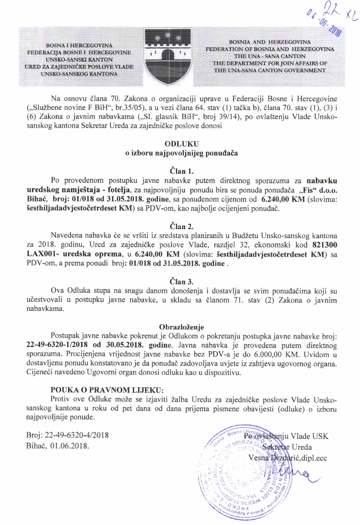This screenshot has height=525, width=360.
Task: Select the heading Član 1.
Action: coord(180,171)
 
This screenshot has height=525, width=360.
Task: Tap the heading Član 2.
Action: coord(180,226)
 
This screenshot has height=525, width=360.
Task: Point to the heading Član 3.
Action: coord(180,280)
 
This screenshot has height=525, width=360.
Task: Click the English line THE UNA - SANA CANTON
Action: coord(271,55)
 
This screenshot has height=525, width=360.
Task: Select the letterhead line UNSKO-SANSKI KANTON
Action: coord(77,61)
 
